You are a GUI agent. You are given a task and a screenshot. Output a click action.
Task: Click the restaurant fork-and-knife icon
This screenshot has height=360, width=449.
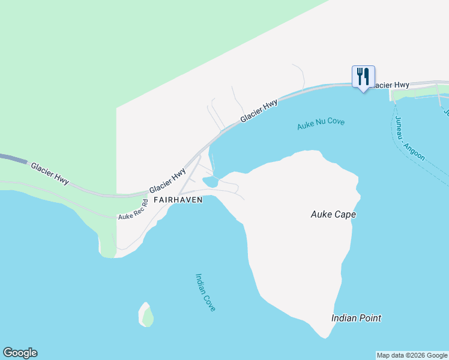pyautogui.click(x=363, y=76)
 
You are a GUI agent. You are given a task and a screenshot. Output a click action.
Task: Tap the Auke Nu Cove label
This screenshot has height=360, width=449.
pyautogui.click(x=321, y=124)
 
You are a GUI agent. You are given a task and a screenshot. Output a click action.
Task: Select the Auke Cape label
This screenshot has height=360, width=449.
pyautogui.click(x=333, y=214)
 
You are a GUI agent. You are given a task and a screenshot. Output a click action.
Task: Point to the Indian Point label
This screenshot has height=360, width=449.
pyautogui.click(x=356, y=318)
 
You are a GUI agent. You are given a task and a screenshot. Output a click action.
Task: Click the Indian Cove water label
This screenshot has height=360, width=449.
pyautogui.click(x=205, y=292)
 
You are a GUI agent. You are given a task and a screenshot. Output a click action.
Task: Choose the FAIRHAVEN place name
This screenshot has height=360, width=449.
pyautogui.click(x=177, y=199)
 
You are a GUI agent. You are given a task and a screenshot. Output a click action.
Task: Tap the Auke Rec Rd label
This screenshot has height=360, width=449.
pyautogui.click(x=133, y=208)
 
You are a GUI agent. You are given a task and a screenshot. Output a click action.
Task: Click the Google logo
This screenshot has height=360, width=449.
pyautogui.click(x=20, y=353)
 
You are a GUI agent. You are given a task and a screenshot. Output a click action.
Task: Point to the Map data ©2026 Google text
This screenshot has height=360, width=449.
pyautogui.click(x=412, y=355)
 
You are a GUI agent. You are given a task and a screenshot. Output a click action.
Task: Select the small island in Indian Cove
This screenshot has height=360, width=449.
pyautogui.click(x=146, y=314)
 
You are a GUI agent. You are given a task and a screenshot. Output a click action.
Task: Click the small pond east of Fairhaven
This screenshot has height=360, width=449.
pyautogui.click(x=211, y=181)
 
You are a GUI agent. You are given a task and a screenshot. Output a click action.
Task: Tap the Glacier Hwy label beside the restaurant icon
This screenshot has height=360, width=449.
pyautogui.click(x=390, y=85)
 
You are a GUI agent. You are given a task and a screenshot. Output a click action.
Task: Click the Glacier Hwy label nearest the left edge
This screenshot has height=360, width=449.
pyautogui.click(x=50, y=172)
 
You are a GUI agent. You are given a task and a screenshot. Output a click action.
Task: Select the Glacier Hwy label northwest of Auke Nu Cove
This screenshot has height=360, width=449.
pyautogui.click(x=259, y=112)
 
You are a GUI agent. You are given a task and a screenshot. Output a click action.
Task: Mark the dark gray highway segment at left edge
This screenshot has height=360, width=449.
pyautogui.click(x=13, y=159)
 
